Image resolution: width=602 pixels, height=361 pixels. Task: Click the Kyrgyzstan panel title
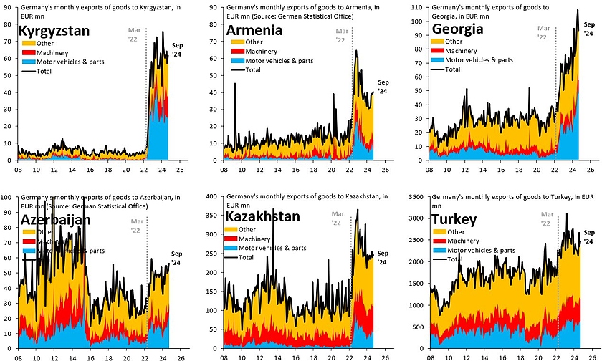(54, 32)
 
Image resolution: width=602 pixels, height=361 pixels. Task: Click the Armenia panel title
(254, 32)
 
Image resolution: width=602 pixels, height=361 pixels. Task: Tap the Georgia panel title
(459, 30)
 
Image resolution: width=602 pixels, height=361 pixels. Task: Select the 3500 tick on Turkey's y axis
(419, 195)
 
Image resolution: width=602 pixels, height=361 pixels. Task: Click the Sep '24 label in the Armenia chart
(382, 87)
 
